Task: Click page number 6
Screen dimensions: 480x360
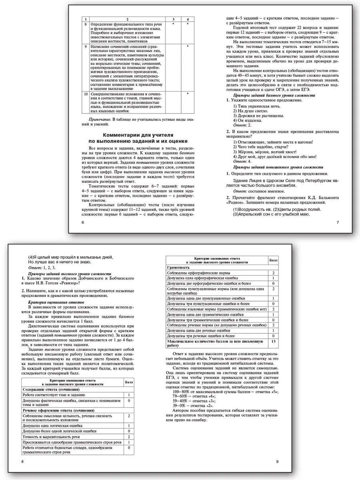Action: (82, 222)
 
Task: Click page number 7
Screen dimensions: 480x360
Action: (338, 222)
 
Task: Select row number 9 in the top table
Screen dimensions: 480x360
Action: (86, 47)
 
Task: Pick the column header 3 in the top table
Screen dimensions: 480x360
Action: (173, 19)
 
